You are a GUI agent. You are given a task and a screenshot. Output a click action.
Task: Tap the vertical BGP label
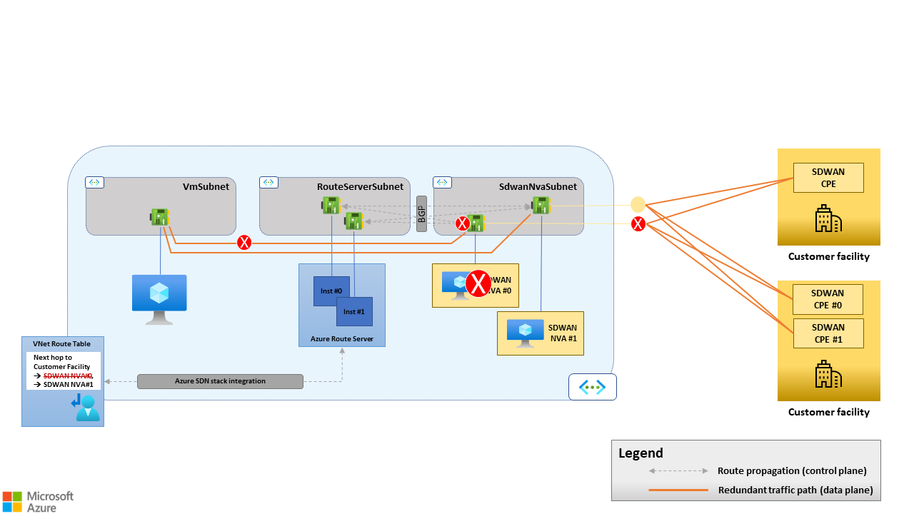[421, 213]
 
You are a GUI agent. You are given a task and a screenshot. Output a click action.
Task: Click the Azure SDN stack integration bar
[220, 381]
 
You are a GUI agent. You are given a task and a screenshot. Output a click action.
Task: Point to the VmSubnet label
[206, 186]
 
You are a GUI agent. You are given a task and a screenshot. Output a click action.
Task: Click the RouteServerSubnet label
[360, 186]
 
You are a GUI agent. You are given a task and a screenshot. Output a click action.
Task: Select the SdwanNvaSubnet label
[538, 186]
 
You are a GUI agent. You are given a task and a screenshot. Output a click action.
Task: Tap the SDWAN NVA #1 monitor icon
[526, 333]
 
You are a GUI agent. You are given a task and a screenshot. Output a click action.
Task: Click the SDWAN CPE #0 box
[828, 299]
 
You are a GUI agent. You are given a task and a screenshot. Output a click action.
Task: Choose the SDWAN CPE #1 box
[828, 333]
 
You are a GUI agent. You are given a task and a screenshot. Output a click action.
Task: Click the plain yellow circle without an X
[638, 204]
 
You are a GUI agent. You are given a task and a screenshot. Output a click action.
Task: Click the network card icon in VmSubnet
[159, 216]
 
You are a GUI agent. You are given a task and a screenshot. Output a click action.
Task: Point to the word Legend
[641, 453]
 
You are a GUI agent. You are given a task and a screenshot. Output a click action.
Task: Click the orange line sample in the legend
[678, 490]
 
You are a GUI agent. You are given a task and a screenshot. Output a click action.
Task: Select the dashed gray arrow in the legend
[678, 471]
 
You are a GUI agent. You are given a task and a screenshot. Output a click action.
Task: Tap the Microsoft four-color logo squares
[11, 500]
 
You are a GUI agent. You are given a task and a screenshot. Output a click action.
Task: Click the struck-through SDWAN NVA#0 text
[68, 376]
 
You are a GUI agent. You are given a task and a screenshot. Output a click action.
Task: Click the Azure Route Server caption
[341, 338]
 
